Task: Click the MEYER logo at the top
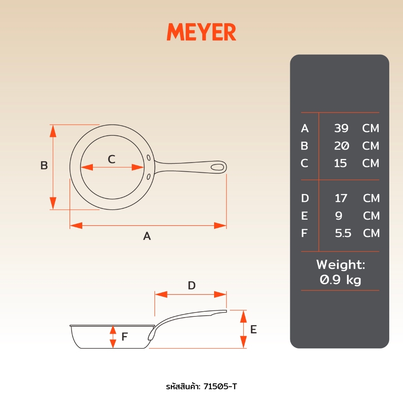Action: pos(201,32)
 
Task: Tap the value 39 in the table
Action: pos(341,128)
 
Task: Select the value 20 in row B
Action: pos(342,146)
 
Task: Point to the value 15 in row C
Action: pos(340,163)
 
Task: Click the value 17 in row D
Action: pos(341,198)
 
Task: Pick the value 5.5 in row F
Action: pos(343,233)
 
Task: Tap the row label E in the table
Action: pos(304,216)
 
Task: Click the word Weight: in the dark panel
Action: pos(340,264)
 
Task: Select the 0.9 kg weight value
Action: pos(340,280)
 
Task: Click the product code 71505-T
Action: pos(220,386)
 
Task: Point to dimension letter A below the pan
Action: pos(147,236)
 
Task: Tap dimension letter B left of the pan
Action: pos(44,165)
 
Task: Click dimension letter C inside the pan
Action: pos(111,159)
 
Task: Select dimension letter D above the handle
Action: pos(192,286)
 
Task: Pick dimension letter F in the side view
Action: pos(124,336)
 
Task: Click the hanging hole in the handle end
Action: pos(217,167)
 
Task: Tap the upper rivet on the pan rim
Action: pos(148,157)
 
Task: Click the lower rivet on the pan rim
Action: pos(148,177)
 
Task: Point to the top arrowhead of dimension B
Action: pos(53,131)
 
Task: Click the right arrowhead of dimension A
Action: pos(220,226)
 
